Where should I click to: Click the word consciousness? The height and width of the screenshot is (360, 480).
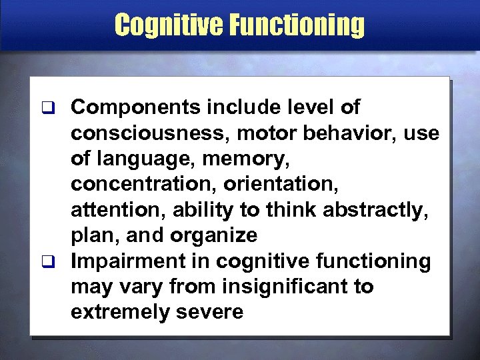[x=148, y=132]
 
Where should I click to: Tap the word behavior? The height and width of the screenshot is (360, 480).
[x=351, y=132]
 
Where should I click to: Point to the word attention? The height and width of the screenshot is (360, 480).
[x=117, y=209]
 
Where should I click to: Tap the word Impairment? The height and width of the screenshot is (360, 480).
[x=131, y=261]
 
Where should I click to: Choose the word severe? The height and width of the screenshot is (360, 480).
[x=211, y=311]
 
